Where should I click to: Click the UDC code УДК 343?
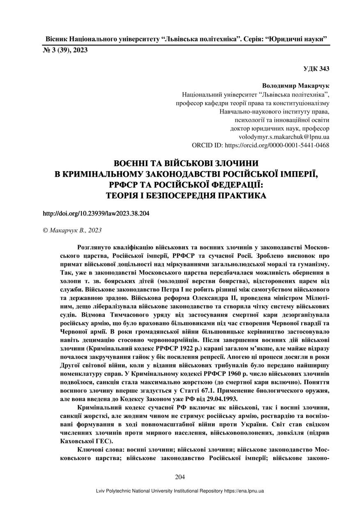(x=316, y=68)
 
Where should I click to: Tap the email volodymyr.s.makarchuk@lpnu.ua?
(x=284, y=137)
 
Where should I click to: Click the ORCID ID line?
(x=261, y=145)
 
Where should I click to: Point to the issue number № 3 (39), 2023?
(x=65, y=50)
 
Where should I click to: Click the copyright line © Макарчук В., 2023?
(x=72, y=231)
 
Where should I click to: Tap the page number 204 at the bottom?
(x=180, y=477)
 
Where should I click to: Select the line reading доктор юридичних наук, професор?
(x=279, y=128)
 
